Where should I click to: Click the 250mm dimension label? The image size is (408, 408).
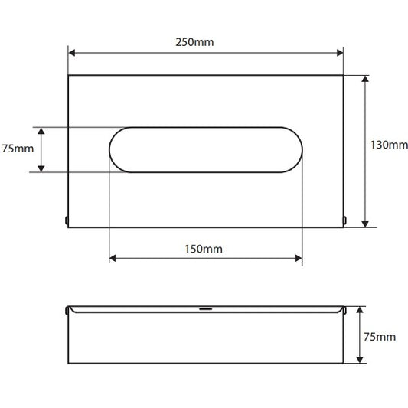click(194, 42)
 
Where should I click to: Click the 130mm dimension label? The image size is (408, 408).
click(390, 145)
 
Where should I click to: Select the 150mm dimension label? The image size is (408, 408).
click(204, 249)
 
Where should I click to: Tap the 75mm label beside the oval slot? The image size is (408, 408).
click(18, 149)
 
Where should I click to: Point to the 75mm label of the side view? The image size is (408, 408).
click(380, 337)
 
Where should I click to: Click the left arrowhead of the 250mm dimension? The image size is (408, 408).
click(72, 53)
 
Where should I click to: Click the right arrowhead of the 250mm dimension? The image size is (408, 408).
click(340, 53)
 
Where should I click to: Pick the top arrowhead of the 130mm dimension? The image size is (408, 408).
click(365, 79)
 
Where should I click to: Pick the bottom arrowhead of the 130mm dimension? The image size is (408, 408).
click(365, 224)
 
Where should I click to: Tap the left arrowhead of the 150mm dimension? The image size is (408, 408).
click(113, 258)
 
